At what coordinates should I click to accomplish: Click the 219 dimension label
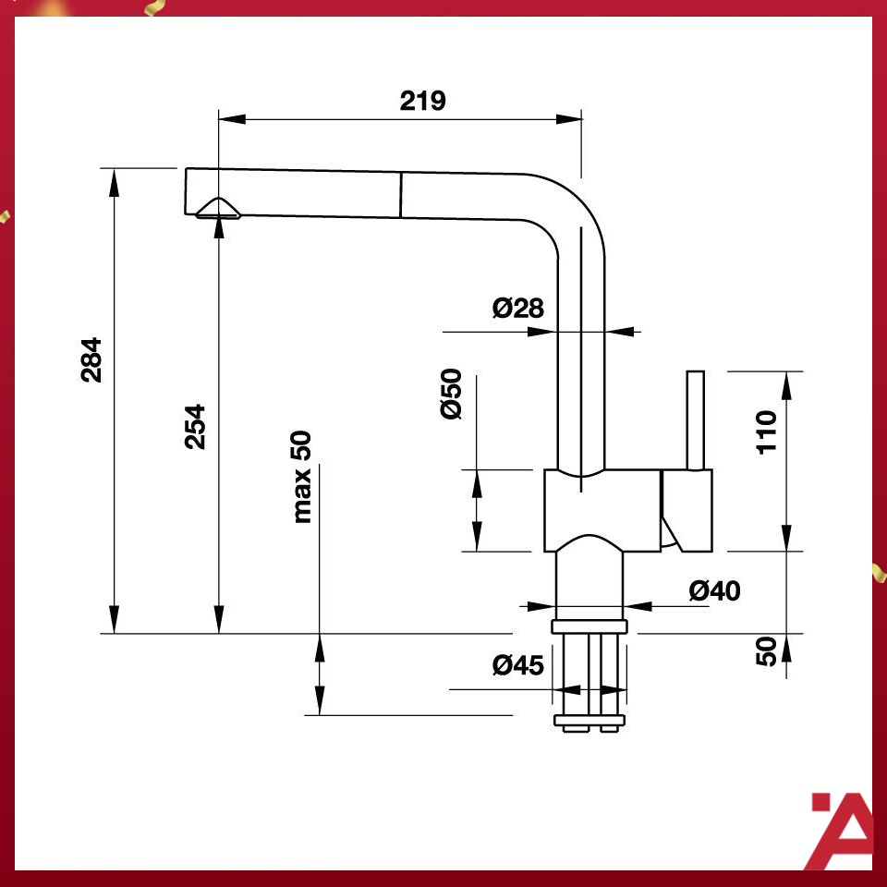tap(422, 101)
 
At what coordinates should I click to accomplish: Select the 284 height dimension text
tap(91, 359)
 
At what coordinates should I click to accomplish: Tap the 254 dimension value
tap(195, 426)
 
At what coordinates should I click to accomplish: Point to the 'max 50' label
tap(302, 478)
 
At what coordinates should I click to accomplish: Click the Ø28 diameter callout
tap(518, 308)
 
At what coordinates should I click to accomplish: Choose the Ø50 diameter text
tap(451, 395)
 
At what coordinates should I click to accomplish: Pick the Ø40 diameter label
tap(714, 589)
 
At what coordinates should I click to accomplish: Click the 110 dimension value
tap(768, 431)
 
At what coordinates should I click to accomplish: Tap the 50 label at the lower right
tap(767, 651)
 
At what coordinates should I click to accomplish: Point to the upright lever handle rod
tap(695, 420)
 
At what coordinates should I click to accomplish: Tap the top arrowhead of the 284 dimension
tap(115, 181)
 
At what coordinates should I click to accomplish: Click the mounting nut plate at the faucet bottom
tap(589, 720)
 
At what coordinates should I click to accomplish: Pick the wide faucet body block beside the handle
tap(601, 508)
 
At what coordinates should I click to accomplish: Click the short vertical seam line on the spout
tap(401, 195)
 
